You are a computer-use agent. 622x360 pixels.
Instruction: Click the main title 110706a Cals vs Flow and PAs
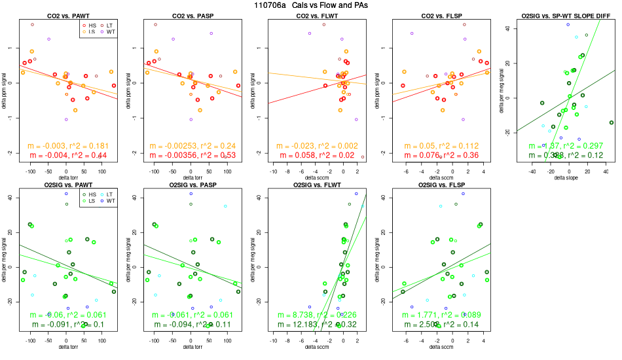click(311, 5)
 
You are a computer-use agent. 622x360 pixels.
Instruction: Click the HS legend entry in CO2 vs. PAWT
click(91, 24)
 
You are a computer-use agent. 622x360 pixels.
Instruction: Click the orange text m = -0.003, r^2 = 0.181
click(67, 145)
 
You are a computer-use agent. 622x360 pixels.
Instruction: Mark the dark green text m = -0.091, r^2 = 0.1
click(67, 325)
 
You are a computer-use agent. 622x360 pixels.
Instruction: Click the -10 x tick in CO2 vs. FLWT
click(273, 171)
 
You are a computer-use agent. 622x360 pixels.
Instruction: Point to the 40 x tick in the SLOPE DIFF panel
click(606, 171)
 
